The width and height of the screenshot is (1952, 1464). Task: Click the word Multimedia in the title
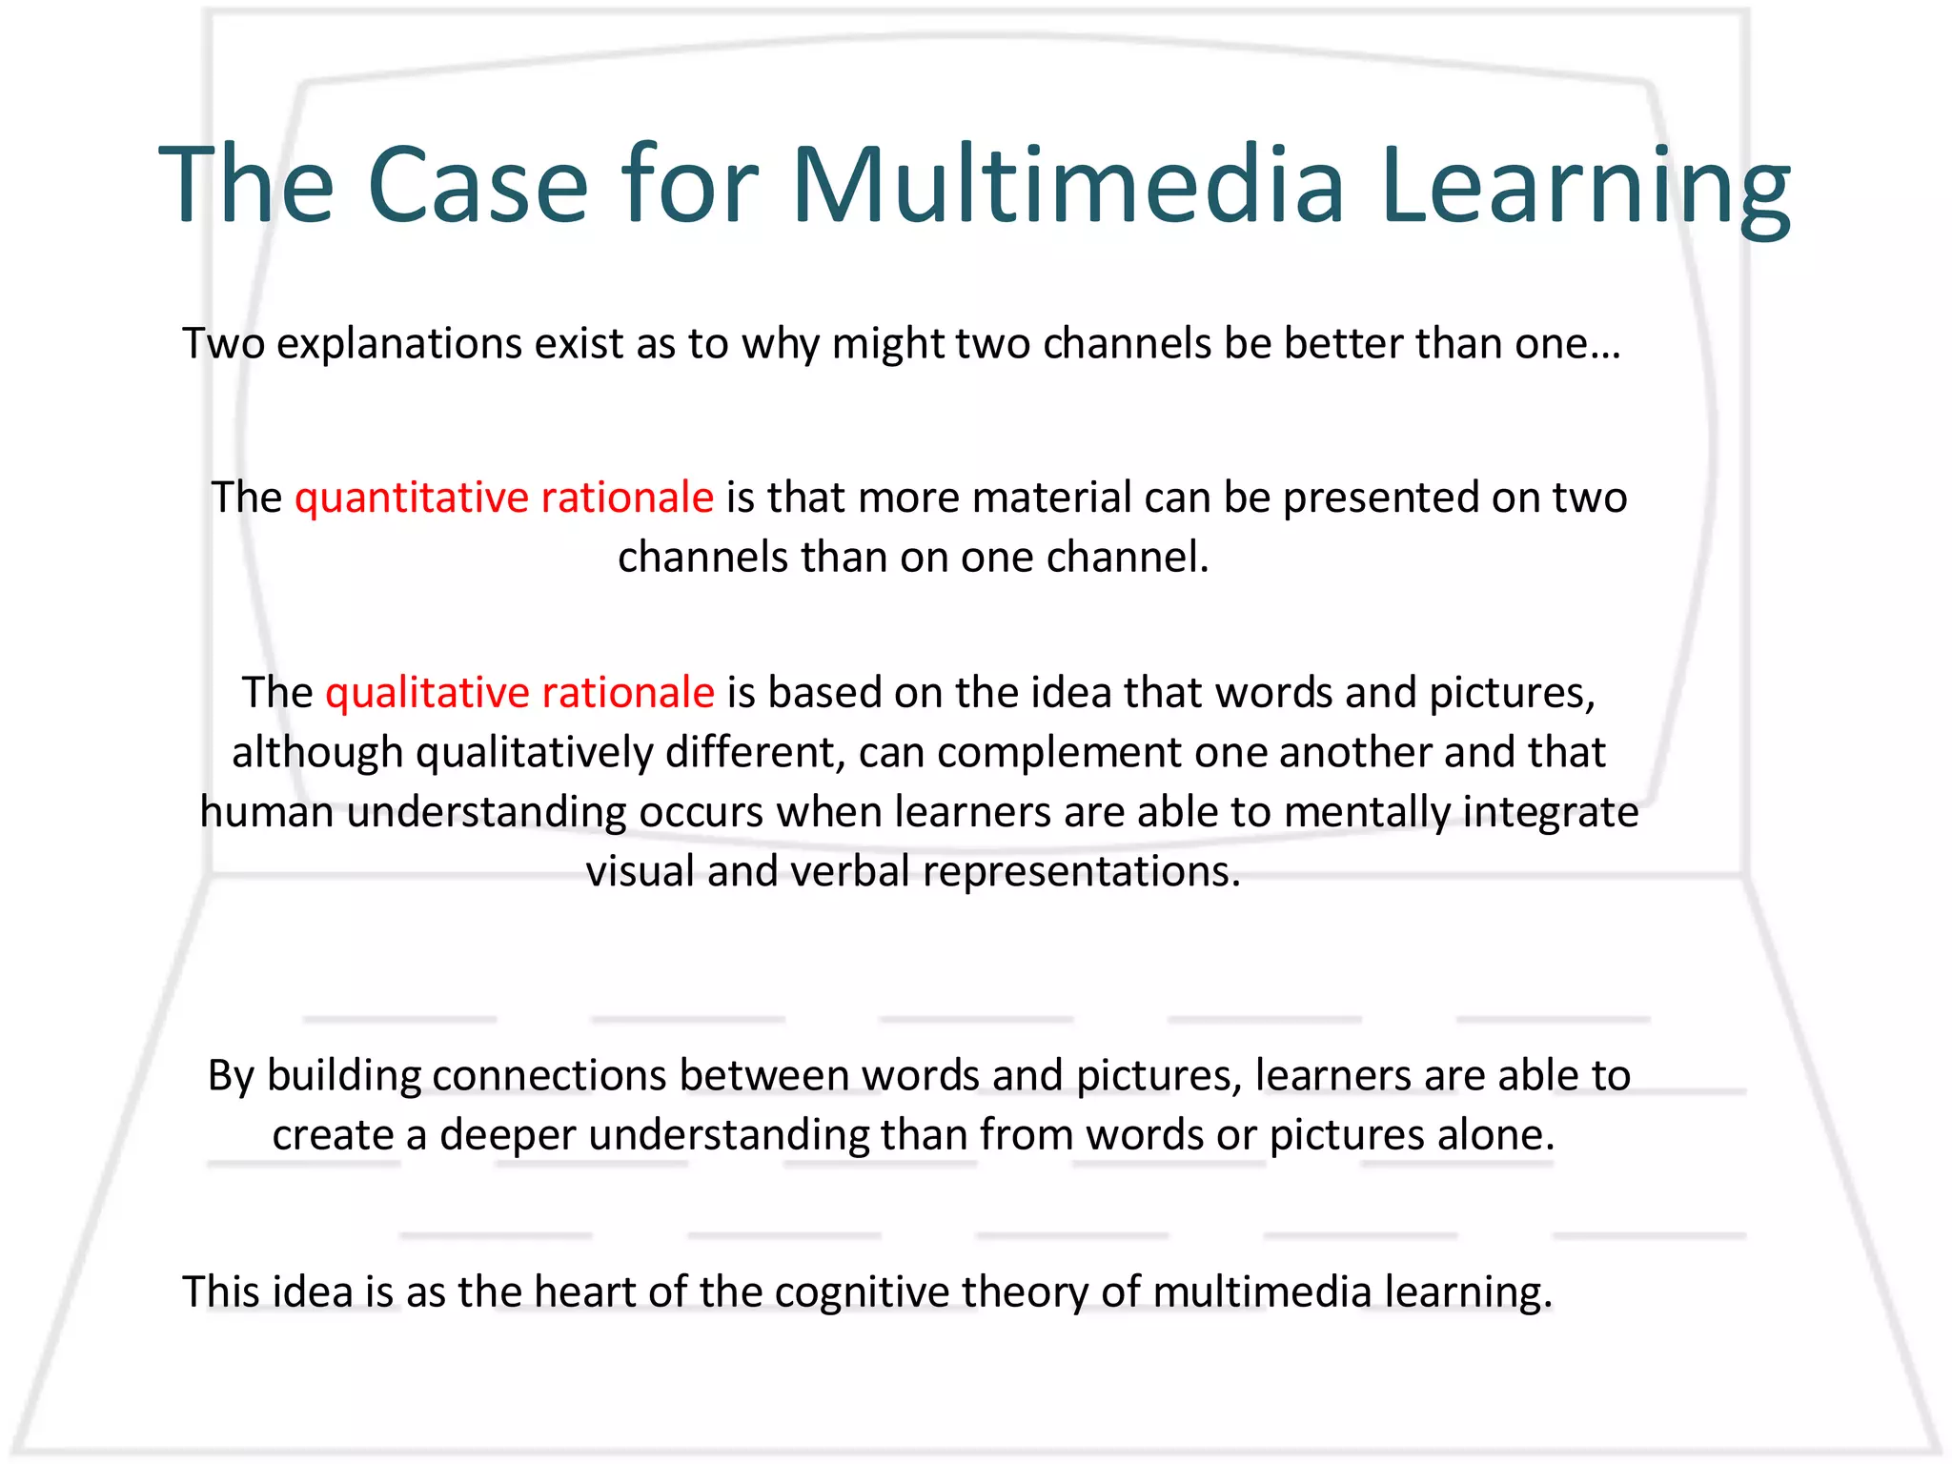1067,186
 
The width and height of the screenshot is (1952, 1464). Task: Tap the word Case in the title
477,186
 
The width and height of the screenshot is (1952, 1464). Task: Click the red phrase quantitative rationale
504,498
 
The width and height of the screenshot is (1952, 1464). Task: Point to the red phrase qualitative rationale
519,693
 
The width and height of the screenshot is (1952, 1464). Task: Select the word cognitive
862,1292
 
